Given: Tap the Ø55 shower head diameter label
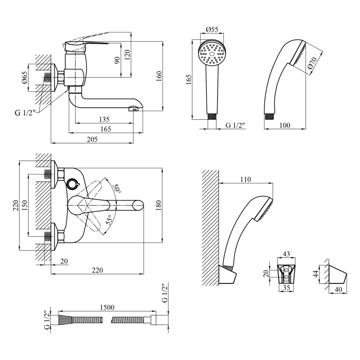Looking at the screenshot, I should tap(211, 29).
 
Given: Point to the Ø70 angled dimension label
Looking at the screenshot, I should tap(312, 63).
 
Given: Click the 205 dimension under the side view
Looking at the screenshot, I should tap(92, 140).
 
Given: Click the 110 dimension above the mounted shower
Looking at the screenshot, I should tap(245, 179).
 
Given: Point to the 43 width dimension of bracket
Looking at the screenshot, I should tap(286, 254).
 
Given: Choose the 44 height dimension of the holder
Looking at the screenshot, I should tap(315, 274).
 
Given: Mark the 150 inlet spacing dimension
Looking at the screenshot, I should tap(24, 206).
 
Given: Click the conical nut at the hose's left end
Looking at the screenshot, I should tap(65, 320).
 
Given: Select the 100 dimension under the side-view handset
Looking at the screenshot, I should tap(285, 125).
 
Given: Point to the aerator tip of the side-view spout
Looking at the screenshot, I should tap(133, 110).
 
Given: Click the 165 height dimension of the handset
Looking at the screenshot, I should tap(189, 80).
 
